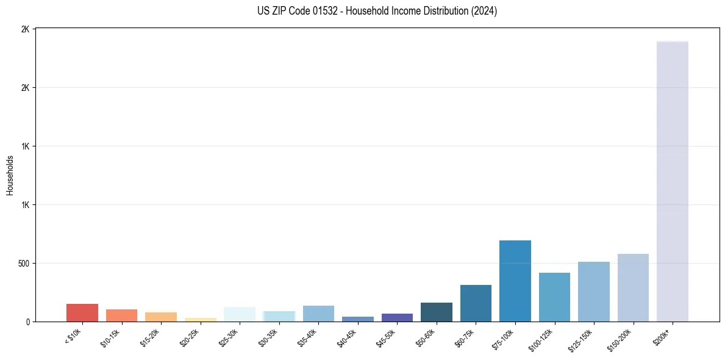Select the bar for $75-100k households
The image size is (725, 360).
tap(515, 281)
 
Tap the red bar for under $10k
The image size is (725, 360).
tap(82, 312)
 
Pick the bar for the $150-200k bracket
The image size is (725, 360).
tap(633, 288)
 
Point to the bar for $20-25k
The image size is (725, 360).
tap(201, 319)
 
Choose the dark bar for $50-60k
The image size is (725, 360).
tap(437, 312)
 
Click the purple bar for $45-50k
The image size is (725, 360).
tap(397, 317)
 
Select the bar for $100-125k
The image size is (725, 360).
tap(554, 297)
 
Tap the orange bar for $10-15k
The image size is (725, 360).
tap(121, 315)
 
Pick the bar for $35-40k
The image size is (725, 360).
tap(318, 314)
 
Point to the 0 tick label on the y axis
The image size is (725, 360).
tap(27, 322)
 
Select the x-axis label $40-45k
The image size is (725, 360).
tap(346, 337)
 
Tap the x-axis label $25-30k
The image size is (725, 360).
tap(228, 337)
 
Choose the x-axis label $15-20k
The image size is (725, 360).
tap(149, 337)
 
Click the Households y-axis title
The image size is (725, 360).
tap(10, 175)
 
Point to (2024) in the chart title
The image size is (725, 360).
tap(484, 11)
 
